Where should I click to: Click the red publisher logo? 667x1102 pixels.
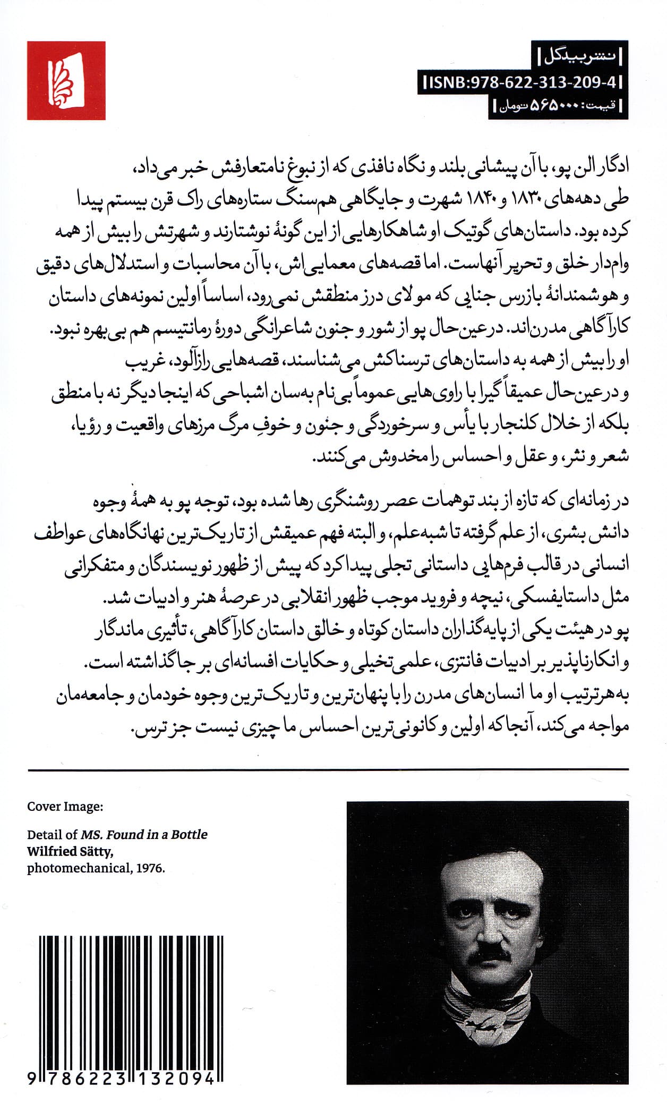(66, 81)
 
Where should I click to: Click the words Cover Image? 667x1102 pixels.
(65, 807)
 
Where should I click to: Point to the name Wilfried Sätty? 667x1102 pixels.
(70, 851)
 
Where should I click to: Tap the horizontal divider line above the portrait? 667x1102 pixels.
(328, 769)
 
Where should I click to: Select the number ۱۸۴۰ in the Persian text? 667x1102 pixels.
(488, 201)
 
